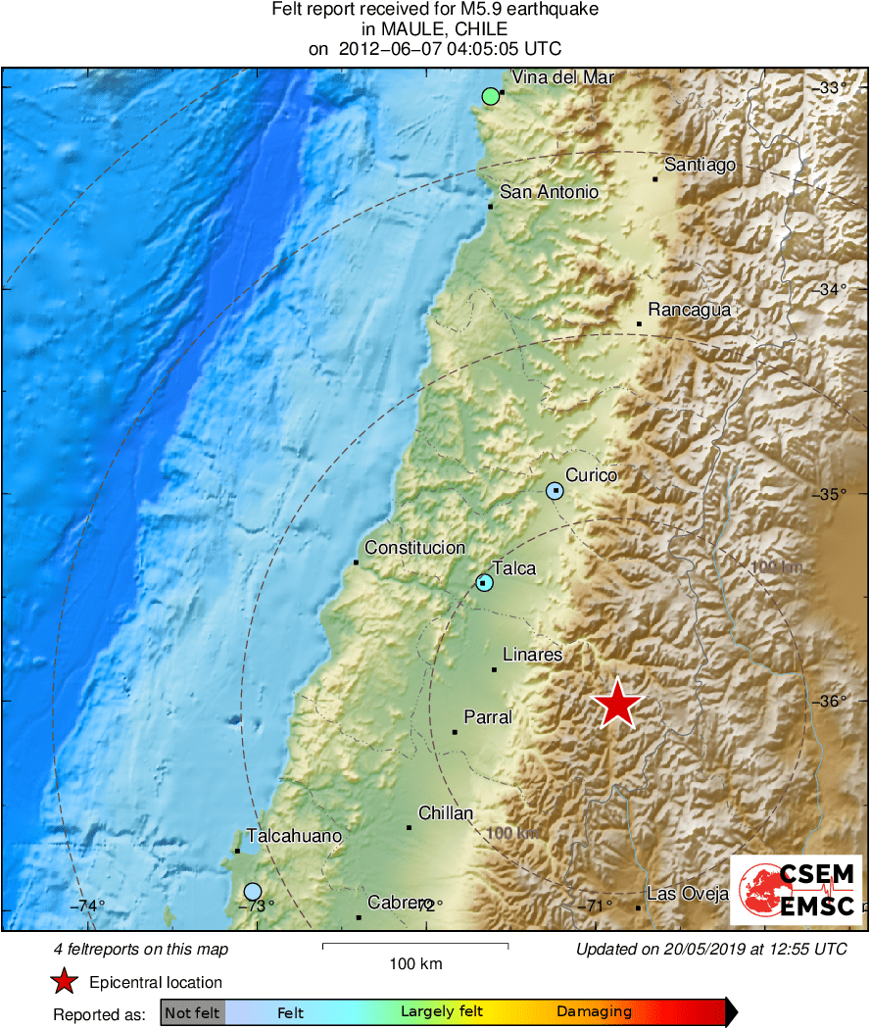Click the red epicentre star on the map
[618, 704]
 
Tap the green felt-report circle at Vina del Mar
[491, 96]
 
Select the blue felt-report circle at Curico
[556, 490]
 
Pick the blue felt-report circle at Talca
[484, 583]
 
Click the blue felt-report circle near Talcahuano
[253, 891]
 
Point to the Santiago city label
[700, 165]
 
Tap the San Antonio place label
[549, 192]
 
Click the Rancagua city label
[690, 310]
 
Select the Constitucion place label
[414, 548]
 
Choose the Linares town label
[532, 654]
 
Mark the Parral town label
[488, 717]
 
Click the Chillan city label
[446, 813]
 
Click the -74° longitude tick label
[88, 906]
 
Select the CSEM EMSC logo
[796, 890]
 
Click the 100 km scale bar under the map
[415, 946]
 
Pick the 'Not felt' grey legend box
[193, 1012]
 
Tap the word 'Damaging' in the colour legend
[594, 1012]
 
